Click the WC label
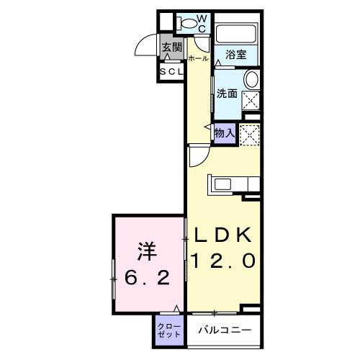pyautogui.click(x=202, y=22)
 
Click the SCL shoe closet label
pyautogui.click(x=171, y=72)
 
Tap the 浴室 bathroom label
pyautogui.click(x=235, y=55)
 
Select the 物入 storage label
pyautogui.click(x=224, y=132)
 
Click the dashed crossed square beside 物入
pyautogui.click(x=249, y=134)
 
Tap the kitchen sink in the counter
pyautogui.click(x=218, y=184)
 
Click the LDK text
pyautogui.click(x=221, y=235)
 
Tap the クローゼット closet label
pyautogui.click(x=169, y=330)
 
